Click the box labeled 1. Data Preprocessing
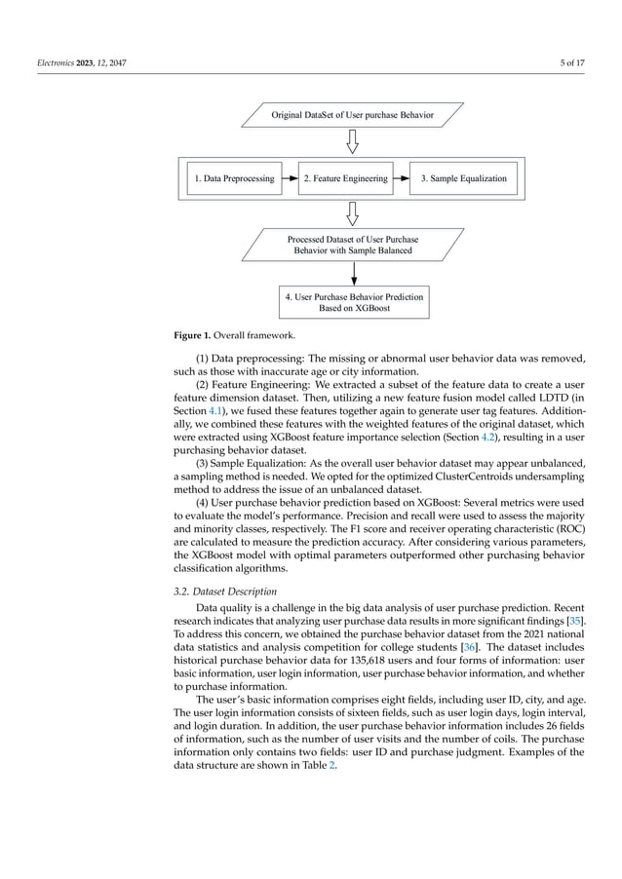point(233,178)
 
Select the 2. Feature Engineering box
point(345,178)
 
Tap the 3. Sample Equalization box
point(463,178)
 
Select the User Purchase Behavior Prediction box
point(353,303)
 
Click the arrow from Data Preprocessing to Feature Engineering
point(289,178)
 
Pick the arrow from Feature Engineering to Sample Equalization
point(400,178)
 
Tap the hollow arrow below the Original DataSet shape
point(353,143)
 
